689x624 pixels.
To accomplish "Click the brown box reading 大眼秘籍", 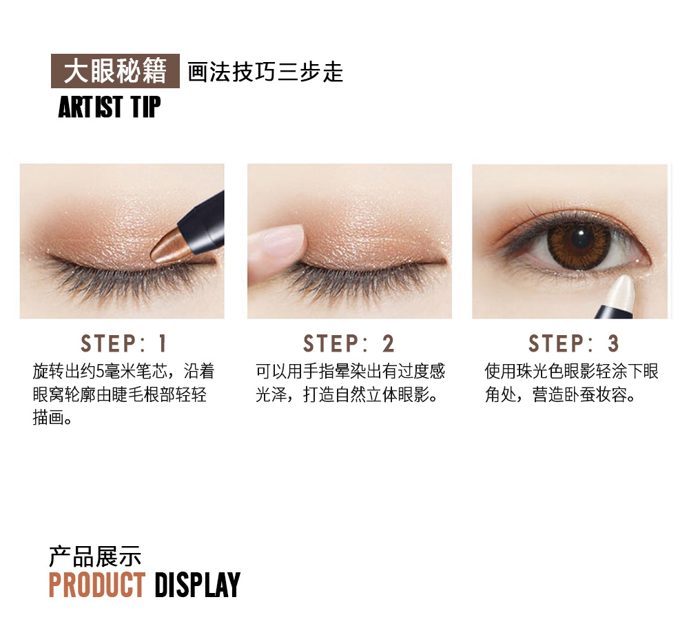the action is pos(115,71).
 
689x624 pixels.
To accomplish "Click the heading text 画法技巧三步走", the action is pos(265,72).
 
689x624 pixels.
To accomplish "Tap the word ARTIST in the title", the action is pos(90,107).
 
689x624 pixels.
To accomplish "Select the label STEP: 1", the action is pos(123,343).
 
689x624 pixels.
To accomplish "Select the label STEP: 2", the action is pos(349,343).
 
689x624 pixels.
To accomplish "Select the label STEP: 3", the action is pos(574,343).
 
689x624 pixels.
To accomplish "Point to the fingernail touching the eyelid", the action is pos(286,241).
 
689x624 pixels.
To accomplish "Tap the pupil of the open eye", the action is pos(581,240).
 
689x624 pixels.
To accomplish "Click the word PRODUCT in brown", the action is pos(97,585).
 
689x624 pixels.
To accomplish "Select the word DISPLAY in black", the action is pos(197,585).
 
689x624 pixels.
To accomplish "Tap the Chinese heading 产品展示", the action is pos(94,556).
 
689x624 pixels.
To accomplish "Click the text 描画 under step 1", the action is pos(48,417).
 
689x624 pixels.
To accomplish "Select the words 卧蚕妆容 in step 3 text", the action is pos(595,394).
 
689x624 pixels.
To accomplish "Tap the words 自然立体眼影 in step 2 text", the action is pos(382,394).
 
